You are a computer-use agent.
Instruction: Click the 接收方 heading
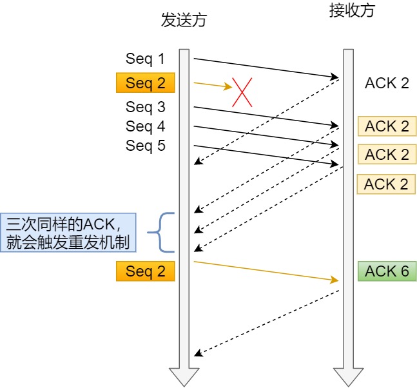tap(351, 11)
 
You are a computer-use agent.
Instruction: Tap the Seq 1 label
tap(145, 59)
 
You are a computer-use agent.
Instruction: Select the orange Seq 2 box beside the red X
tap(145, 83)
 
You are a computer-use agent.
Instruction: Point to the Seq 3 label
tap(145, 106)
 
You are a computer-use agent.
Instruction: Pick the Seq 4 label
tap(145, 126)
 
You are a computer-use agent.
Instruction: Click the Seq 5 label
tap(145, 146)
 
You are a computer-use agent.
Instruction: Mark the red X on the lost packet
tap(242, 93)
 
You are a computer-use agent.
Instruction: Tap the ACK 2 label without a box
tap(387, 83)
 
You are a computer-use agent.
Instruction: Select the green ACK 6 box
tap(387, 271)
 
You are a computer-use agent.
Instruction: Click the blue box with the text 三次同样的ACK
tap(68, 233)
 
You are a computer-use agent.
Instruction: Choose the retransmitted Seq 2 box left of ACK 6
tap(145, 271)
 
